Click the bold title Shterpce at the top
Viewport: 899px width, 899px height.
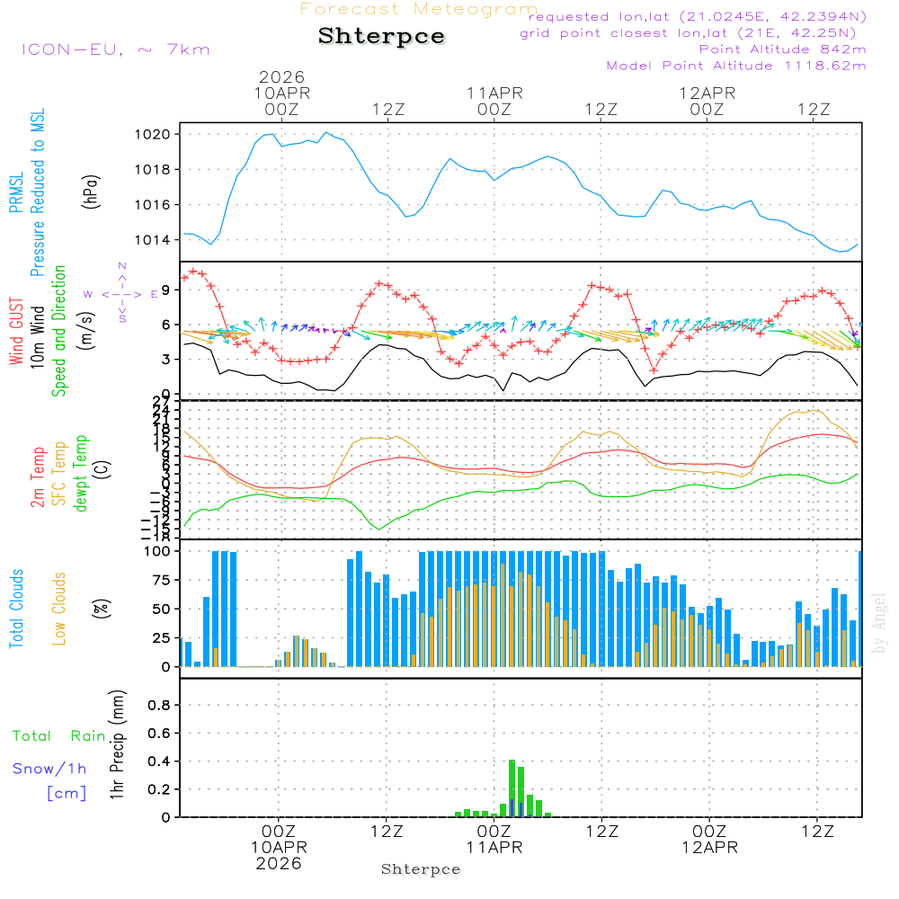[381, 37]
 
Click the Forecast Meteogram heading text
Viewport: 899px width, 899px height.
[419, 9]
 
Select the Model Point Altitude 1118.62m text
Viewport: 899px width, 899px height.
[736, 66]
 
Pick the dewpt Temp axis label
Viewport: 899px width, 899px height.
[81, 474]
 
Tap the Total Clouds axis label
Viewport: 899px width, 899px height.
[16, 609]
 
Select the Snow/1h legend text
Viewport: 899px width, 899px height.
[50, 769]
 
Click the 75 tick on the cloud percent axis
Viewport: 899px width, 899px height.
[158, 580]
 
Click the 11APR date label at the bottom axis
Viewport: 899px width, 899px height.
[494, 848]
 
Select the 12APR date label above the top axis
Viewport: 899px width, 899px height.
[708, 93]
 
